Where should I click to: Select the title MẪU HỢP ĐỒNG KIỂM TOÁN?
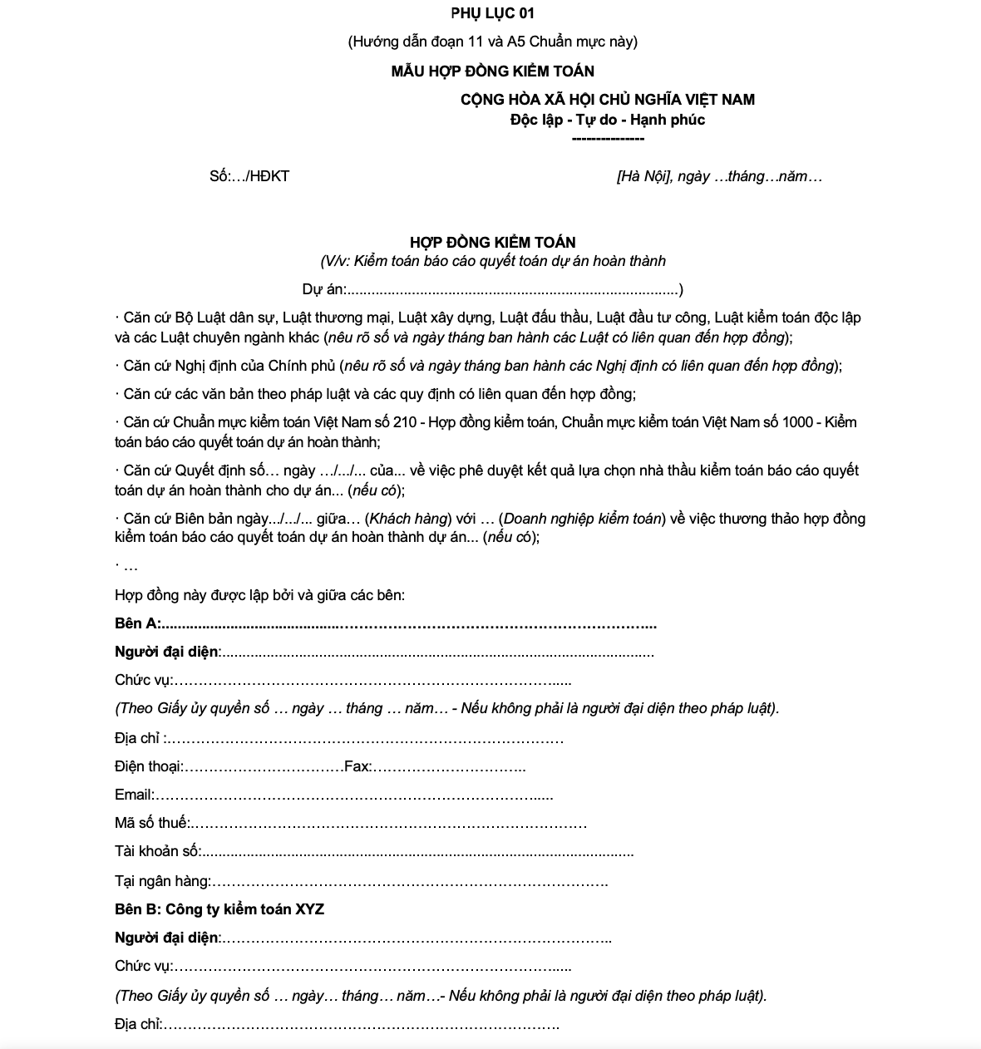pyautogui.click(x=492, y=71)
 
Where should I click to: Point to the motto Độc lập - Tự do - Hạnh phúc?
pyautogui.click(x=608, y=120)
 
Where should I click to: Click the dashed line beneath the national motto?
pyautogui.click(x=608, y=139)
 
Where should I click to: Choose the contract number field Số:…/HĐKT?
pyautogui.click(x=249, y=176)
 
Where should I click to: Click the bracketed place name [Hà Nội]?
pyautogui.click(x=643, y=176)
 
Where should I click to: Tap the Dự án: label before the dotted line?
pyautogui.click(x=323, y=289)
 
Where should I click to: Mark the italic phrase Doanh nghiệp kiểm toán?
pyautogui.click(x=583, y=519)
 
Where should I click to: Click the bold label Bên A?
pyautogui.click(x=138, y=623)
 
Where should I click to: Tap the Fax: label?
pyautogui.click(x=357, y=766)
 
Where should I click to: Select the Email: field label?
pyautogui.click(x=134, y=795)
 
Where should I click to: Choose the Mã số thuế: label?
pyautogui.click(x=152, y=823)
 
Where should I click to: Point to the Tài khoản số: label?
pyautogui.click(x=158, y=851)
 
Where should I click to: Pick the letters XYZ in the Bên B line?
pyautogui.click(x=309, y=909)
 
